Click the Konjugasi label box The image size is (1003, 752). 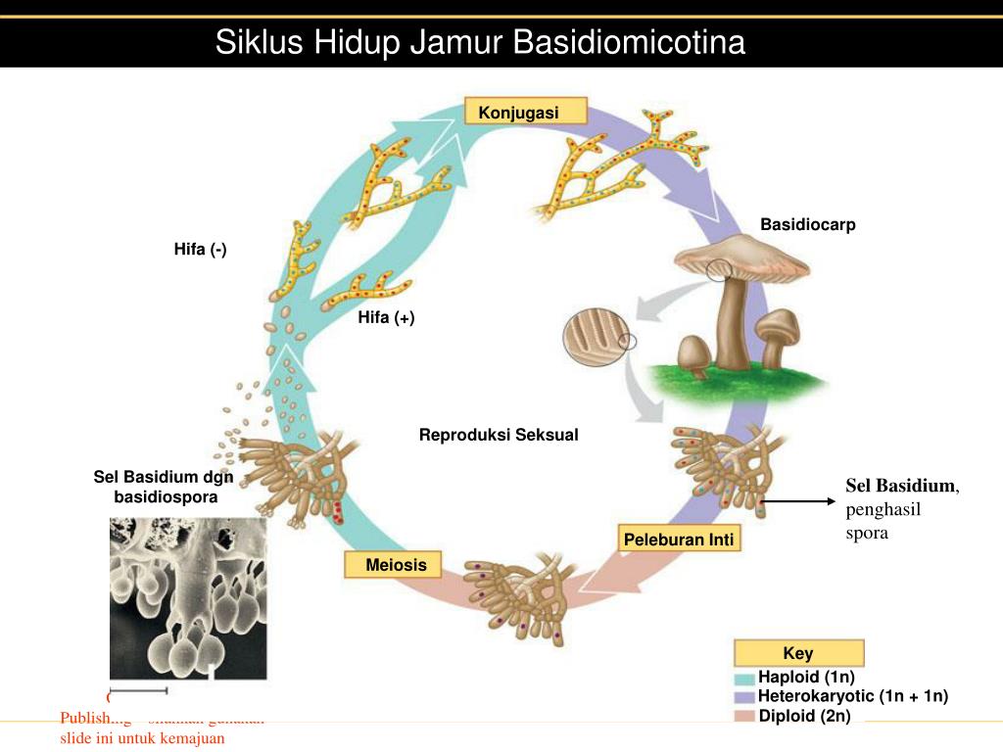(525, 112)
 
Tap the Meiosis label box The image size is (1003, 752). (392, 564)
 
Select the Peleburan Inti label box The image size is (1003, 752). (678, 540)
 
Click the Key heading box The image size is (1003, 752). (798, 653)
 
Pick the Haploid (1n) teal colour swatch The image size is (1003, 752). (744, 678)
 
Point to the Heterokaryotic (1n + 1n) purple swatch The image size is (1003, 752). (744, 697)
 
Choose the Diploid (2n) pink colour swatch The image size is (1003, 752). (744, 717)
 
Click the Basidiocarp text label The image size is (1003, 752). (808, 225)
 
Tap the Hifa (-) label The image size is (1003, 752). (201, 250)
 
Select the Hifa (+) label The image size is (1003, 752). (386, 317)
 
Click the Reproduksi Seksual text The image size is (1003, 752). (499, 435)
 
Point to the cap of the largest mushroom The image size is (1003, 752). (744, 257)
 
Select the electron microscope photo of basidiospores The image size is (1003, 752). (187, 598)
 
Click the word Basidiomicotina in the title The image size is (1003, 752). (629, 43)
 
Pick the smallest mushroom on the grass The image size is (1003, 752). (693, 355)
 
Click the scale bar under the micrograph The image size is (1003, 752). (138, 691)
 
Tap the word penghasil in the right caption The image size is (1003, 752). (884, 509)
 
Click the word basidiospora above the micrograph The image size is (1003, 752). (166, 496)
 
